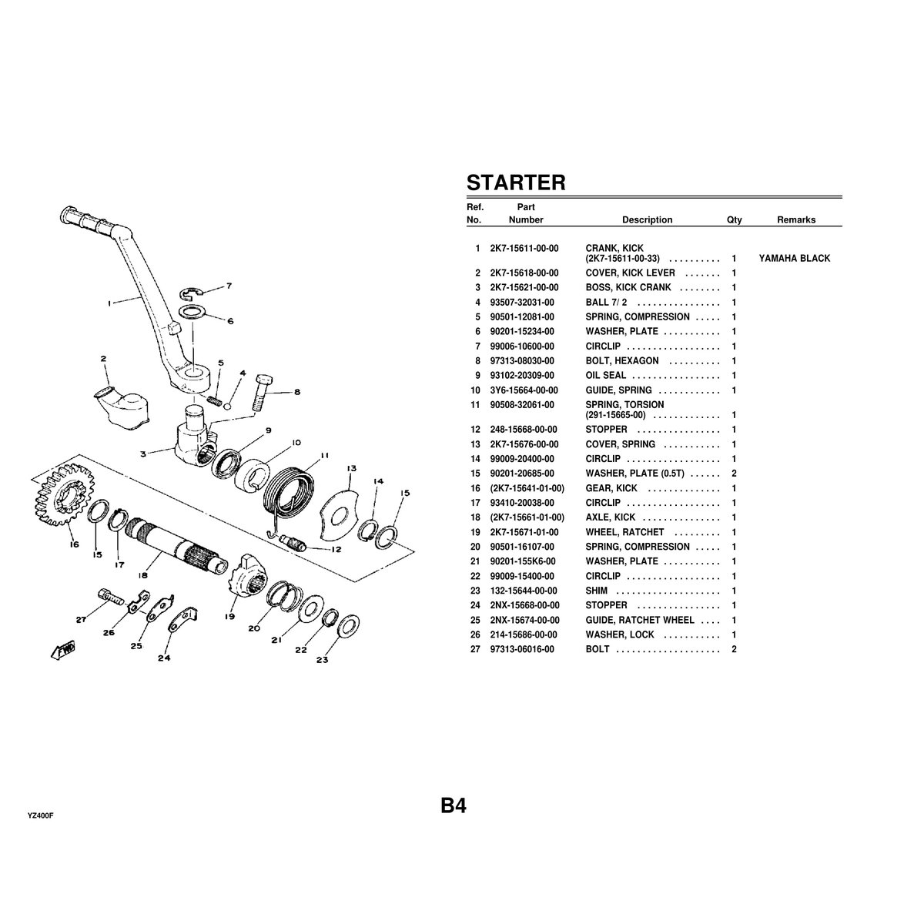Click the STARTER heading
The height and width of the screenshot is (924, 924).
(516, 182)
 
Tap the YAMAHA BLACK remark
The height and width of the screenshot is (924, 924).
(795, 259)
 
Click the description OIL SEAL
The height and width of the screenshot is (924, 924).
(606, 376)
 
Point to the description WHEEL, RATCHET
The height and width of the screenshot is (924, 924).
(624, 532)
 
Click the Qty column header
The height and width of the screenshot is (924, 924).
(734, 220)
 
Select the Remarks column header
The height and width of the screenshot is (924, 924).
(796, 220)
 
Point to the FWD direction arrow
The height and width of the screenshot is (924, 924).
(62, 651)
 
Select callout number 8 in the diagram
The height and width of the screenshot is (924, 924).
(296, 391)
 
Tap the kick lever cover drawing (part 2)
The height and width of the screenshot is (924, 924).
(123, 398)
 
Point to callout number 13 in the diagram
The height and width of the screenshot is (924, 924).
(351, 468)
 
